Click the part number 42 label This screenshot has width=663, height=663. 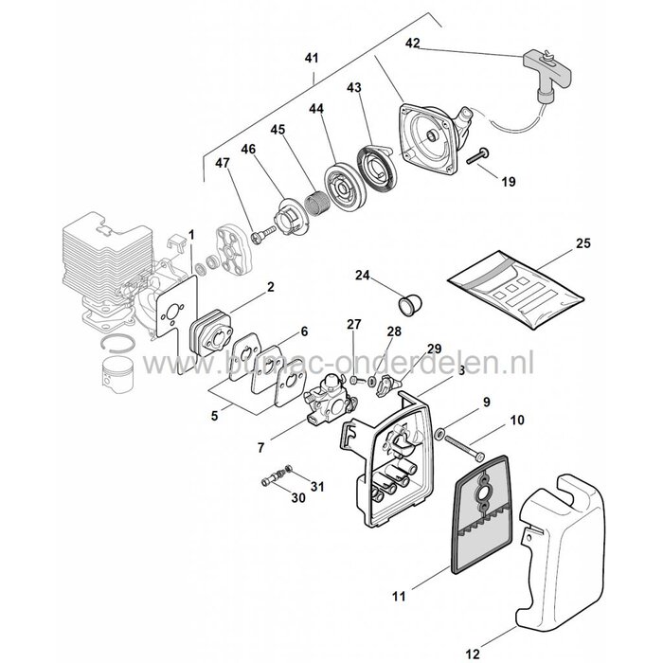pyautogui.click(x=412, y=43)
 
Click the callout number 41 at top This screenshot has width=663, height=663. pyautogui.click(x=312, y=58)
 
